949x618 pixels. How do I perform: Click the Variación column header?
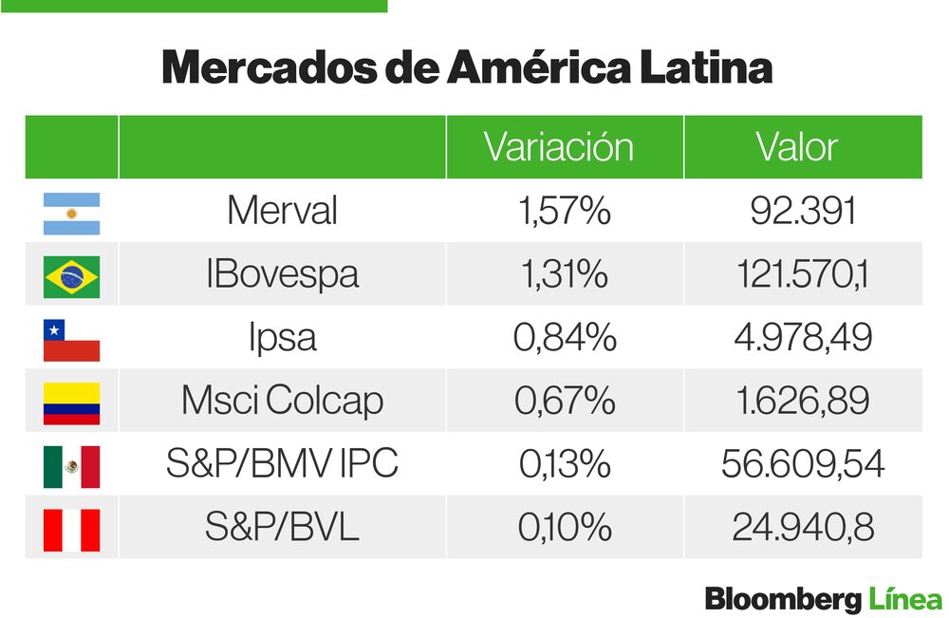coord(558,147)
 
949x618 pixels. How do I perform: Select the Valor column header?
coord(797,147)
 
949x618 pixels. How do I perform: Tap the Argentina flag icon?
coord(71,213)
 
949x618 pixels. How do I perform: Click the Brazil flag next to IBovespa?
coord(71,276)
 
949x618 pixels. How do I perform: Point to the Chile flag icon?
coord(71,340)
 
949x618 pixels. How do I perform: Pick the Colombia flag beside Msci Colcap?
coord(71,403)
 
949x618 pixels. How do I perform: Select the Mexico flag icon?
coord(71,466)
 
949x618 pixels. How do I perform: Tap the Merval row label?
coord(282,211)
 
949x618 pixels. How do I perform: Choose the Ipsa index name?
coord(282,338)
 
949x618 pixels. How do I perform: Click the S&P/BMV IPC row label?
coord(282,464)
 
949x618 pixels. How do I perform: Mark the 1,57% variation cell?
coord(564,211)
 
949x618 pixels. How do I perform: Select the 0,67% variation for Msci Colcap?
coord(564,401)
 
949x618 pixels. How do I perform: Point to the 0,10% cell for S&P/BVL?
coord(564,528)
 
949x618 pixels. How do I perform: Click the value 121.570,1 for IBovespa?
coord(803,274)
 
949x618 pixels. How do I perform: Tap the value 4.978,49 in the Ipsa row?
coord(803,338)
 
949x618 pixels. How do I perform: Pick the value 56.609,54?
coord(803,464)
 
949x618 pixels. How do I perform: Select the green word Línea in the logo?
coord(905,599)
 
